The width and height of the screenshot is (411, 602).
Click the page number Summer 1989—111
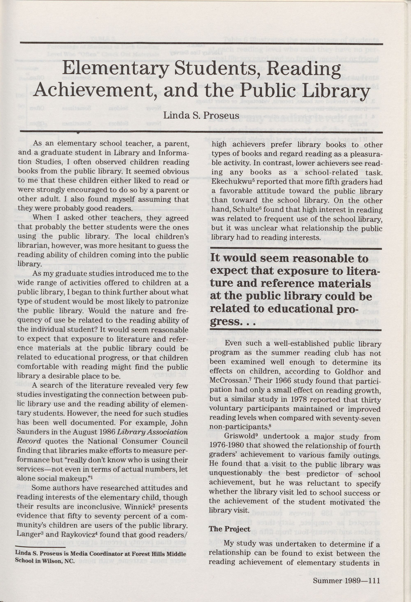pos(346,573)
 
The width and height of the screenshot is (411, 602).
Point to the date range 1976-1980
pos(226,446)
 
